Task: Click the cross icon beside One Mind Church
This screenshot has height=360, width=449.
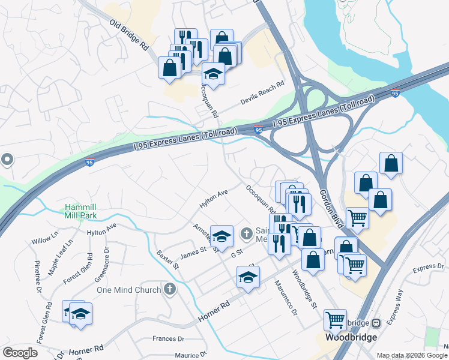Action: pos(170,290)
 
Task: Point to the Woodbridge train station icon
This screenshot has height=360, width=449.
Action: pos(376,323)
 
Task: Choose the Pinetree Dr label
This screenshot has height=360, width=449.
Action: pos(38,271)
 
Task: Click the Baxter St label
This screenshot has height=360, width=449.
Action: pos(168,259)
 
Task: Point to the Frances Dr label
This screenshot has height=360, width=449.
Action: pos(168,338)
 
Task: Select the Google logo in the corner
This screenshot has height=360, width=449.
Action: pos(20,352)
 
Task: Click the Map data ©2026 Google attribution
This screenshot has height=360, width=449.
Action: pos(412,355)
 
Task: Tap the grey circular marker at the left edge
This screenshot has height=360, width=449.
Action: pos(7,160)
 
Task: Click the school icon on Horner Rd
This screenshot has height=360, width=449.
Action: pos(247,277)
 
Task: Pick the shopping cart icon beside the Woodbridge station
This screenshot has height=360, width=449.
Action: pos(335,319)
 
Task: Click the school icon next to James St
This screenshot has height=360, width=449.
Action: pos(221,235)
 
